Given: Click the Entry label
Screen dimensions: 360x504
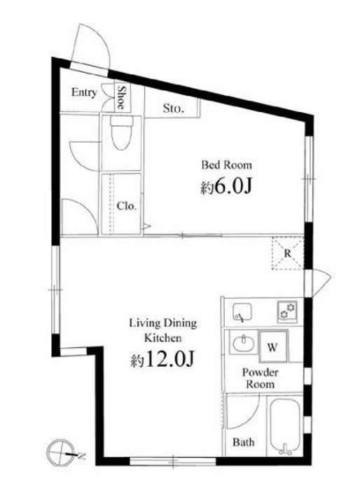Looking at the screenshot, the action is point(83,92).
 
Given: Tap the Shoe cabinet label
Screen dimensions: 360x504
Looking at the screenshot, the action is point(121,97).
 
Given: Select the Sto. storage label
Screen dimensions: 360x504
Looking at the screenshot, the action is point(174,108).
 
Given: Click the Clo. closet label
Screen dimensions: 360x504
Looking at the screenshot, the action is point(127,206).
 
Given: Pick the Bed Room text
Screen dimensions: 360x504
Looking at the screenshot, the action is point(226,165).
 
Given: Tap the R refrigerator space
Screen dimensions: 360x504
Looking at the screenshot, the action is point(288,253).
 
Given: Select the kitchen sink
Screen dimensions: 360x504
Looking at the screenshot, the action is point(242,311).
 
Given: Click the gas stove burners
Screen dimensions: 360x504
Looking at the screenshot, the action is point(287,311).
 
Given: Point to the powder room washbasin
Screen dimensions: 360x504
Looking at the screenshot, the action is point(243,343).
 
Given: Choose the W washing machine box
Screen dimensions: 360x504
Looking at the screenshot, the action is point(272,346).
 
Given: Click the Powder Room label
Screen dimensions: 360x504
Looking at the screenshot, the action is point(260,378).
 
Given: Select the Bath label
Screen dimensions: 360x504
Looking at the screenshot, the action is point(244,442).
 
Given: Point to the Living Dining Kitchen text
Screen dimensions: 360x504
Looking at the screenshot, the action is point(163,330).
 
